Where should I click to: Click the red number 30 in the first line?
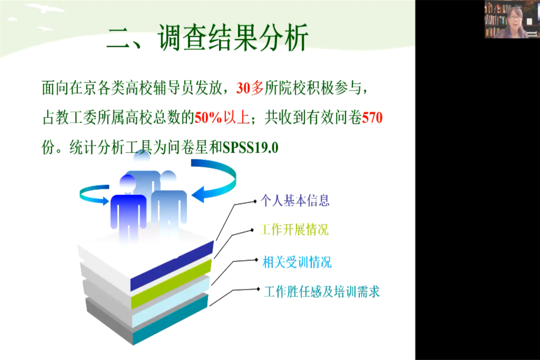[243, 88]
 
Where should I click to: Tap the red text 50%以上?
[222, 118]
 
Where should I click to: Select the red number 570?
[372, 118]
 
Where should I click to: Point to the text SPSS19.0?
[251, 148]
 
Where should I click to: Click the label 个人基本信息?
[295, 201]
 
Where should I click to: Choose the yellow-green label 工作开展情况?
[294, 230]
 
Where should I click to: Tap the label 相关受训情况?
[297, 262]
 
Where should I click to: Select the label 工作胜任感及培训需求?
[322, 292]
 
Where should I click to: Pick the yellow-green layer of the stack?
[171, 284]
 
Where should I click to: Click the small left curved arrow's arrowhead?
[105, 201]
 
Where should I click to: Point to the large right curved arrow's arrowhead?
[198, 195]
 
